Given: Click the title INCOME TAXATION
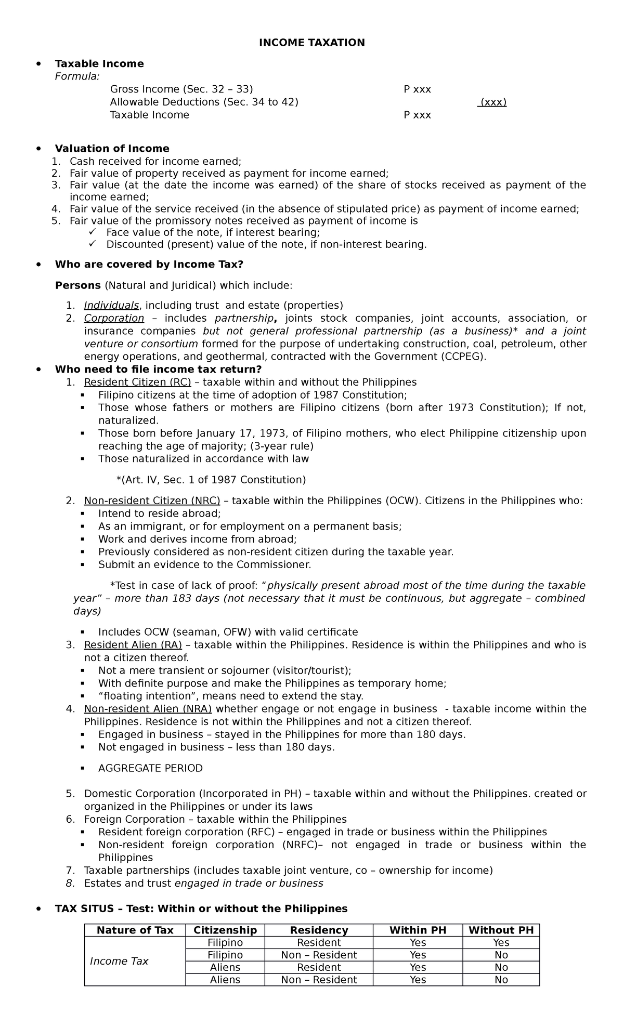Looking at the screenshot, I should point(312,43).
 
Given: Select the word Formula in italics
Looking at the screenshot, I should point(77,76).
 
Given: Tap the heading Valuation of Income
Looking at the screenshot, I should point(112,149).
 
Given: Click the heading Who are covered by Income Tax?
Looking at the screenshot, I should point(149,265).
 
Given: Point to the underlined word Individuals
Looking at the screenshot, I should point(111,305).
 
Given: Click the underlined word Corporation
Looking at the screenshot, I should point(114,318).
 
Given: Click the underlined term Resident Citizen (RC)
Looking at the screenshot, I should point(137,382).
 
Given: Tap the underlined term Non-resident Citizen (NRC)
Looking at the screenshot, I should point(152,501).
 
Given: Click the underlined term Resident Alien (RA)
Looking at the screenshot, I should point(133,645).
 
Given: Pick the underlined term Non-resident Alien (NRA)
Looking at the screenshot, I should point(148,709).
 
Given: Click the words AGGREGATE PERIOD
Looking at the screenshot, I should point(150,768).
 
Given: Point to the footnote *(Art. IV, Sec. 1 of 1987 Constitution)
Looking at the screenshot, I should point(211,480).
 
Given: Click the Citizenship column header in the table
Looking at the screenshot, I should point(225,930).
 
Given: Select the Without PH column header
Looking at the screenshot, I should point(501,930).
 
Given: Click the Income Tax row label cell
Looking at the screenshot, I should point(119,962).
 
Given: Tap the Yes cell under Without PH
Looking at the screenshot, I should point(501,943).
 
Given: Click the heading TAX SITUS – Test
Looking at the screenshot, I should point(201,908).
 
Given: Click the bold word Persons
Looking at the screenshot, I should point(77,285).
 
